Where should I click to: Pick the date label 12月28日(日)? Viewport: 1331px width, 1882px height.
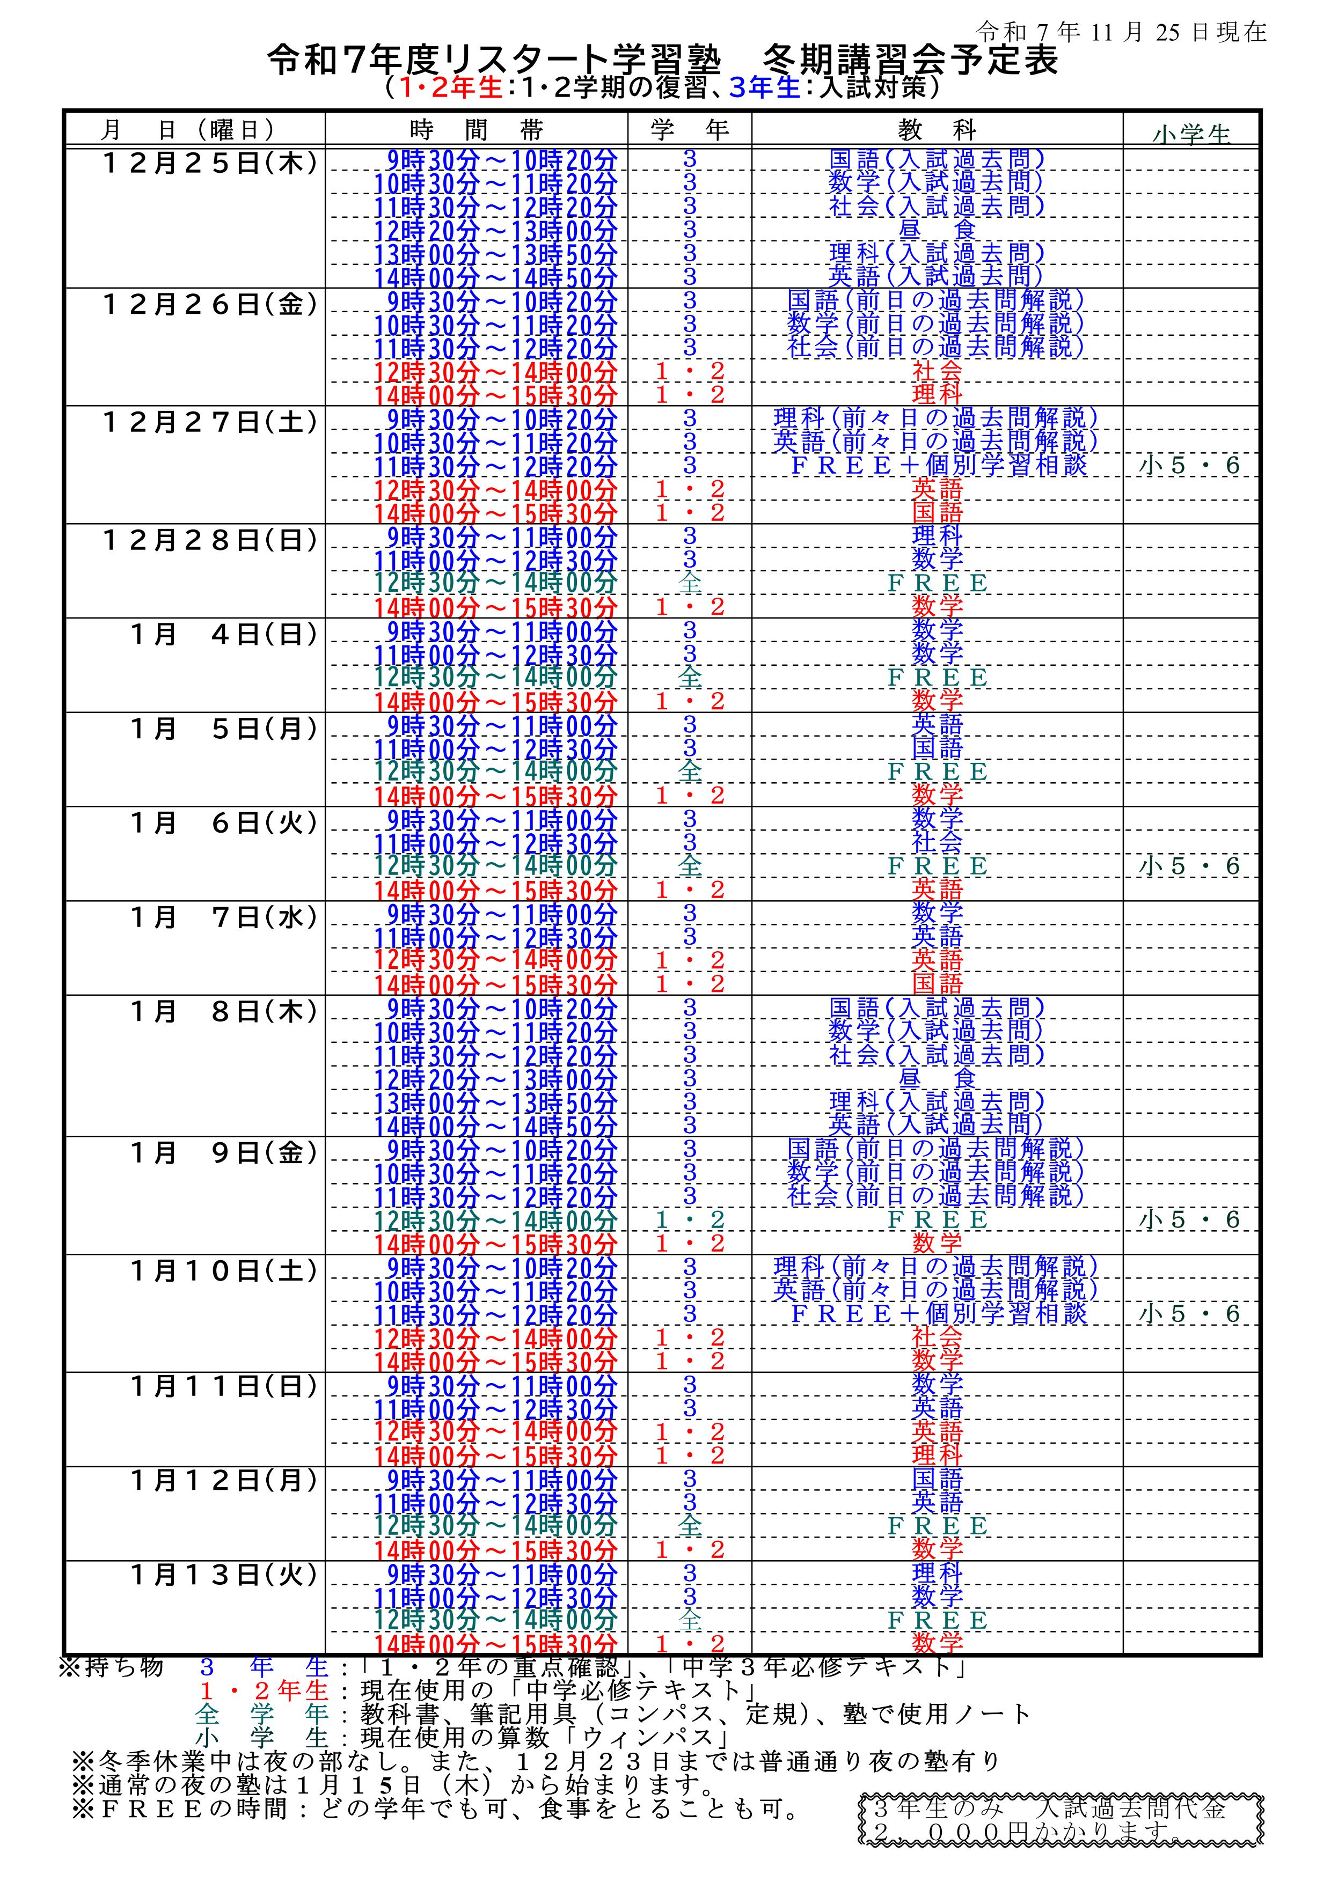pyautogui.click(x=210, y=540)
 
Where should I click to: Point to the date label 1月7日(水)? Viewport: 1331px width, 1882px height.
pyautogui.click(x=223, y=917)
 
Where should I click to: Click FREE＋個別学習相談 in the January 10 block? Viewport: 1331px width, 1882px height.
pyautogui.click(x=938, y=1314)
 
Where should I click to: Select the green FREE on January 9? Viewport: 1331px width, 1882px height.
pyautogui.click(x=938, y=1219)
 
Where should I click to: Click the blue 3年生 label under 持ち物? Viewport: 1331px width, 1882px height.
pyautogui.click(x=263, y=1667)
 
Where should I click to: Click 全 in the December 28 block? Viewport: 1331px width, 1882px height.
pyautogui.click(x=690, y=583)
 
